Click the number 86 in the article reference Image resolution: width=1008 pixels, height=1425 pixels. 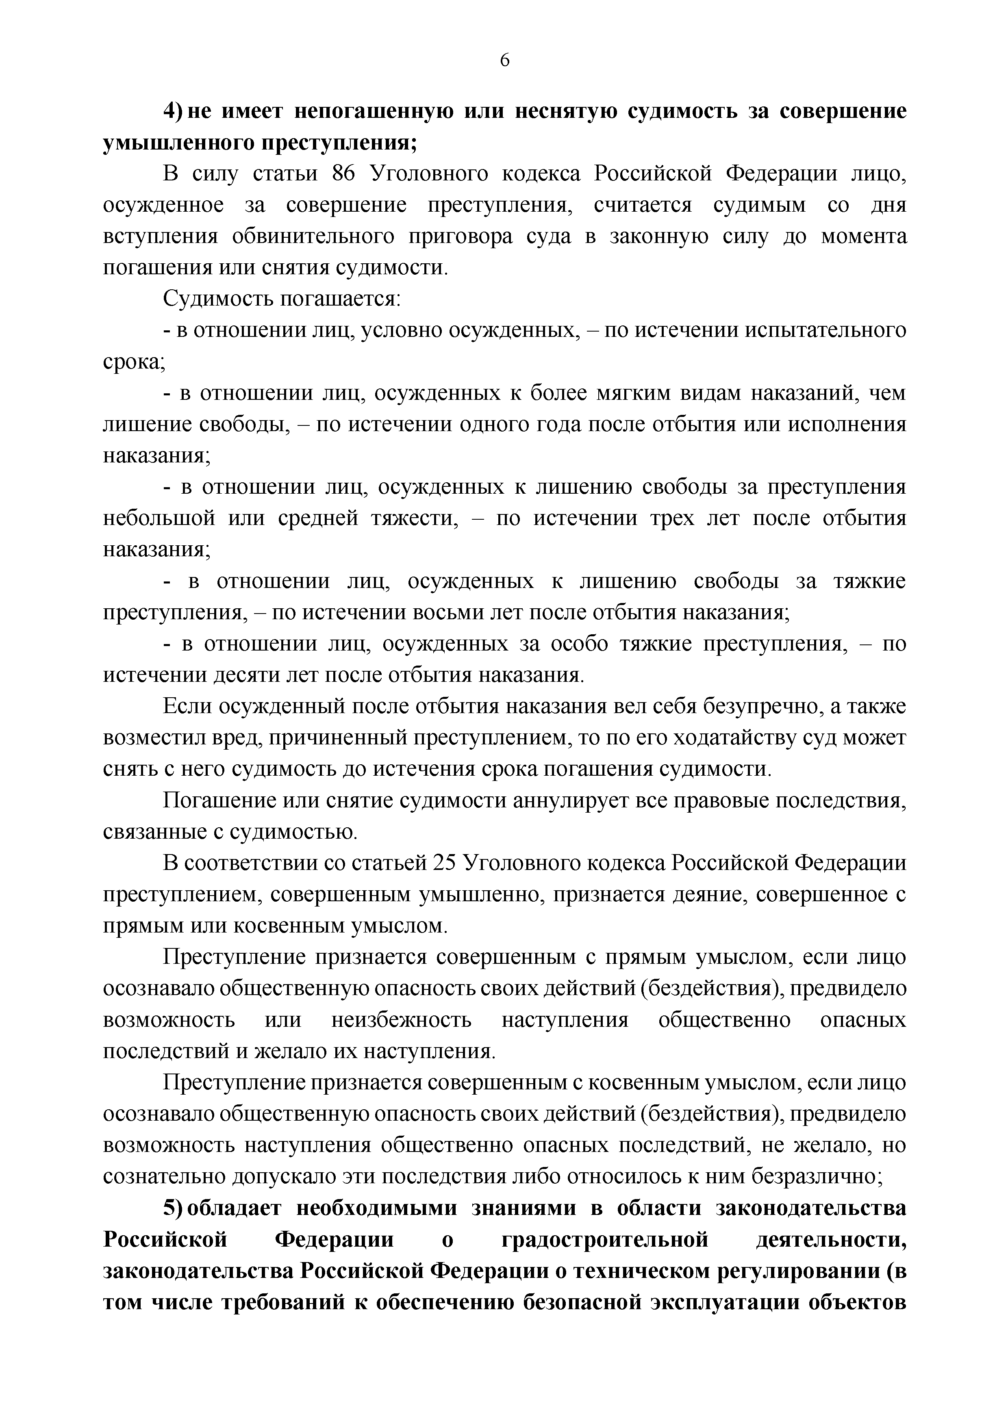pos(343,174)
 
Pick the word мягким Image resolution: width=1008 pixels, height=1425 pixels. pos(643,393)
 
